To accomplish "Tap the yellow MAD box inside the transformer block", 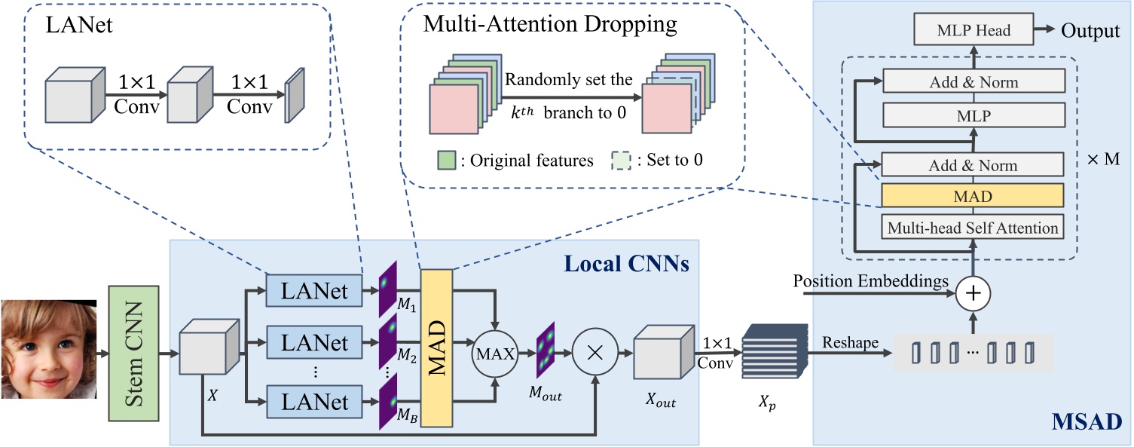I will (973, 195).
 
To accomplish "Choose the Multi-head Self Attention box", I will (973, 225).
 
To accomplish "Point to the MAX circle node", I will (494, 354).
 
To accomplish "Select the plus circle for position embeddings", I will (973, 295).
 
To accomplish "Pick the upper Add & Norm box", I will (973, 81).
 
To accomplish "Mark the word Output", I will (1090, 31).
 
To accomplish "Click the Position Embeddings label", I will (870, 281).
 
